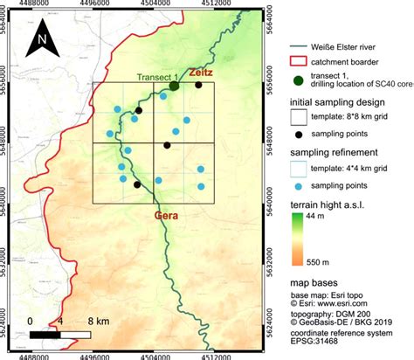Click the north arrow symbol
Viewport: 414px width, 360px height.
tap(40, 39)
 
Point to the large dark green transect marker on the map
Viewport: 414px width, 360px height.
tap(175, 86)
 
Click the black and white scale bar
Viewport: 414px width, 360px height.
tap(61, 333)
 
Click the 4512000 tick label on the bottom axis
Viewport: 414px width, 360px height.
tap(216, 354)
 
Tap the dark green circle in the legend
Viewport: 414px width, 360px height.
tap(300, 81)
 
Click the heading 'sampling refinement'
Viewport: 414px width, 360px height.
tap(336, 153)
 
